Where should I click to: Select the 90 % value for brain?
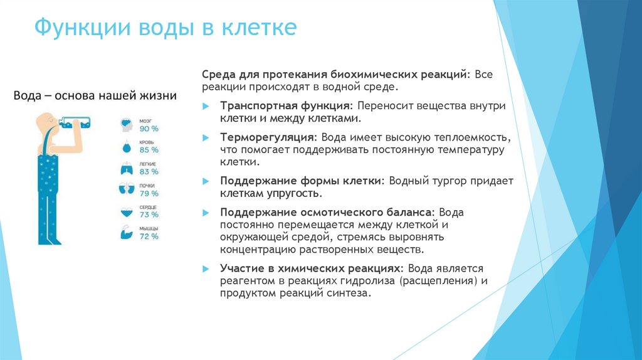click(x=149, y=129)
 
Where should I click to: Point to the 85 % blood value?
click(x=149, y=150)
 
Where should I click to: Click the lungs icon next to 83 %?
click(x=127, y=168)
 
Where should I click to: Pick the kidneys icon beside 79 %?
click(x=127, y=189)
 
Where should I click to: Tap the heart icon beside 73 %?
click(x=127, y=211)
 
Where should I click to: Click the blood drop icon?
click(x=127, y=147)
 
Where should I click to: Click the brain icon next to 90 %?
click(x=127, y=125)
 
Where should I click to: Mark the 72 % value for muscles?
click(x=149, y=236)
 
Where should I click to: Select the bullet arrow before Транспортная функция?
click(x=206, y=107)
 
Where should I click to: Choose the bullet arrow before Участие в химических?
click(x=206, y=268)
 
